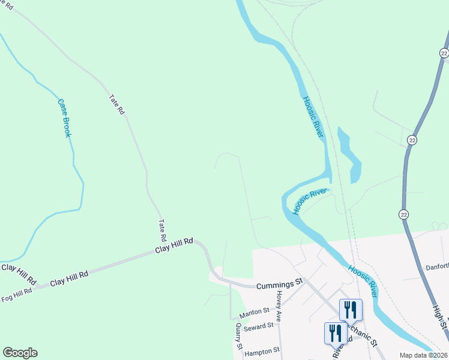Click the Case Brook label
(x=64, y=118)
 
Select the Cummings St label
(x=280, y=286)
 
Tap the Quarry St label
(x=238, y=337)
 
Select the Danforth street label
(x=437, y=266)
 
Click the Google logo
(x=20, y=353)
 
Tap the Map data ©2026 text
(x=423, y=355)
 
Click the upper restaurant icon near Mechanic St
(x=351, y=310)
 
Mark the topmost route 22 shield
(x=444, y=53)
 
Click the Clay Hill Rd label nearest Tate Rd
(x=173, y=244)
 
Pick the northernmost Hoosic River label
(x=313, y=117)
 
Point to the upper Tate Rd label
(x=116, y=104)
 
